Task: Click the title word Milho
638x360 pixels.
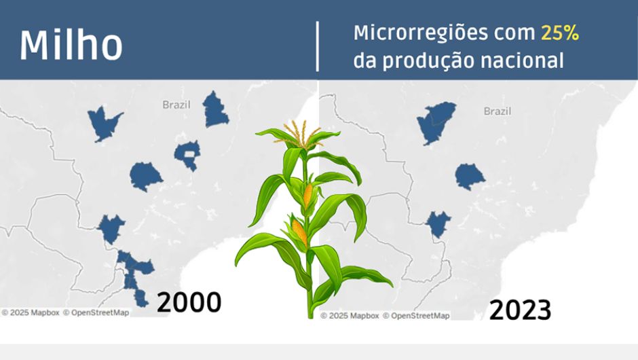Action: (x=71, y=45)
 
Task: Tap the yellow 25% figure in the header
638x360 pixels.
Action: (x=559, y=33)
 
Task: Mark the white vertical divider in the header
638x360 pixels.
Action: (x=318, y=46)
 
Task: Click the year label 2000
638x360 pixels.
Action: (x=189, y=302)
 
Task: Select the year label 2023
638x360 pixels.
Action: (x=520, y=310)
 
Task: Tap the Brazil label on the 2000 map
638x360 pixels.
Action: (x=176, y=105)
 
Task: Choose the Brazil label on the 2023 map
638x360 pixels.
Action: (x=498, y=111)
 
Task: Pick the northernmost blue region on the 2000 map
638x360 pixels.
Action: (x=215, y=110)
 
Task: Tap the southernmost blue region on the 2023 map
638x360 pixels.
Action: (x=438, y=223)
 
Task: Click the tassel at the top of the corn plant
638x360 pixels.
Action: (x=300, y=134)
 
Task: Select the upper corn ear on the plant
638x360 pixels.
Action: (x=308, y=196)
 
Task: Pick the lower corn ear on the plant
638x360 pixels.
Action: (x=299, y=232)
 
